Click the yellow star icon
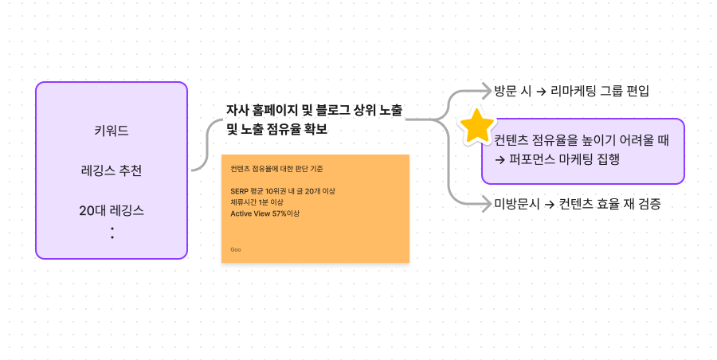[x=477, y=126]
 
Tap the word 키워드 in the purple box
[x=112, y=130]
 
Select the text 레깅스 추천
[x=112, y=170]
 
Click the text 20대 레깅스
[x=112, y=210]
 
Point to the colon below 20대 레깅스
[x=112, y=233]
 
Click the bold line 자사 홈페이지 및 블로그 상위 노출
[x=314, y=109]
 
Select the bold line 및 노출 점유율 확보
[x=276, y=128]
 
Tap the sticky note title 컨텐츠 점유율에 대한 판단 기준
[x=276, y=169]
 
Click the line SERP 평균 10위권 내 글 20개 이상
[x=282, y=191]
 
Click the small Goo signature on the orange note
[x=236, y=249]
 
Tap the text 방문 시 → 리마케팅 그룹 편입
[x=571, y=90]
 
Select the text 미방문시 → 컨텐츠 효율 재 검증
[x=577, y=205]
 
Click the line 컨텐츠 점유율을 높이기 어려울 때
[x=581, y=140]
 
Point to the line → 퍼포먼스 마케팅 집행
[x=557, y=158]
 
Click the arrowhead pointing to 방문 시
[x=488, y=90]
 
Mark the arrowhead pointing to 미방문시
[x=488, y=205]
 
